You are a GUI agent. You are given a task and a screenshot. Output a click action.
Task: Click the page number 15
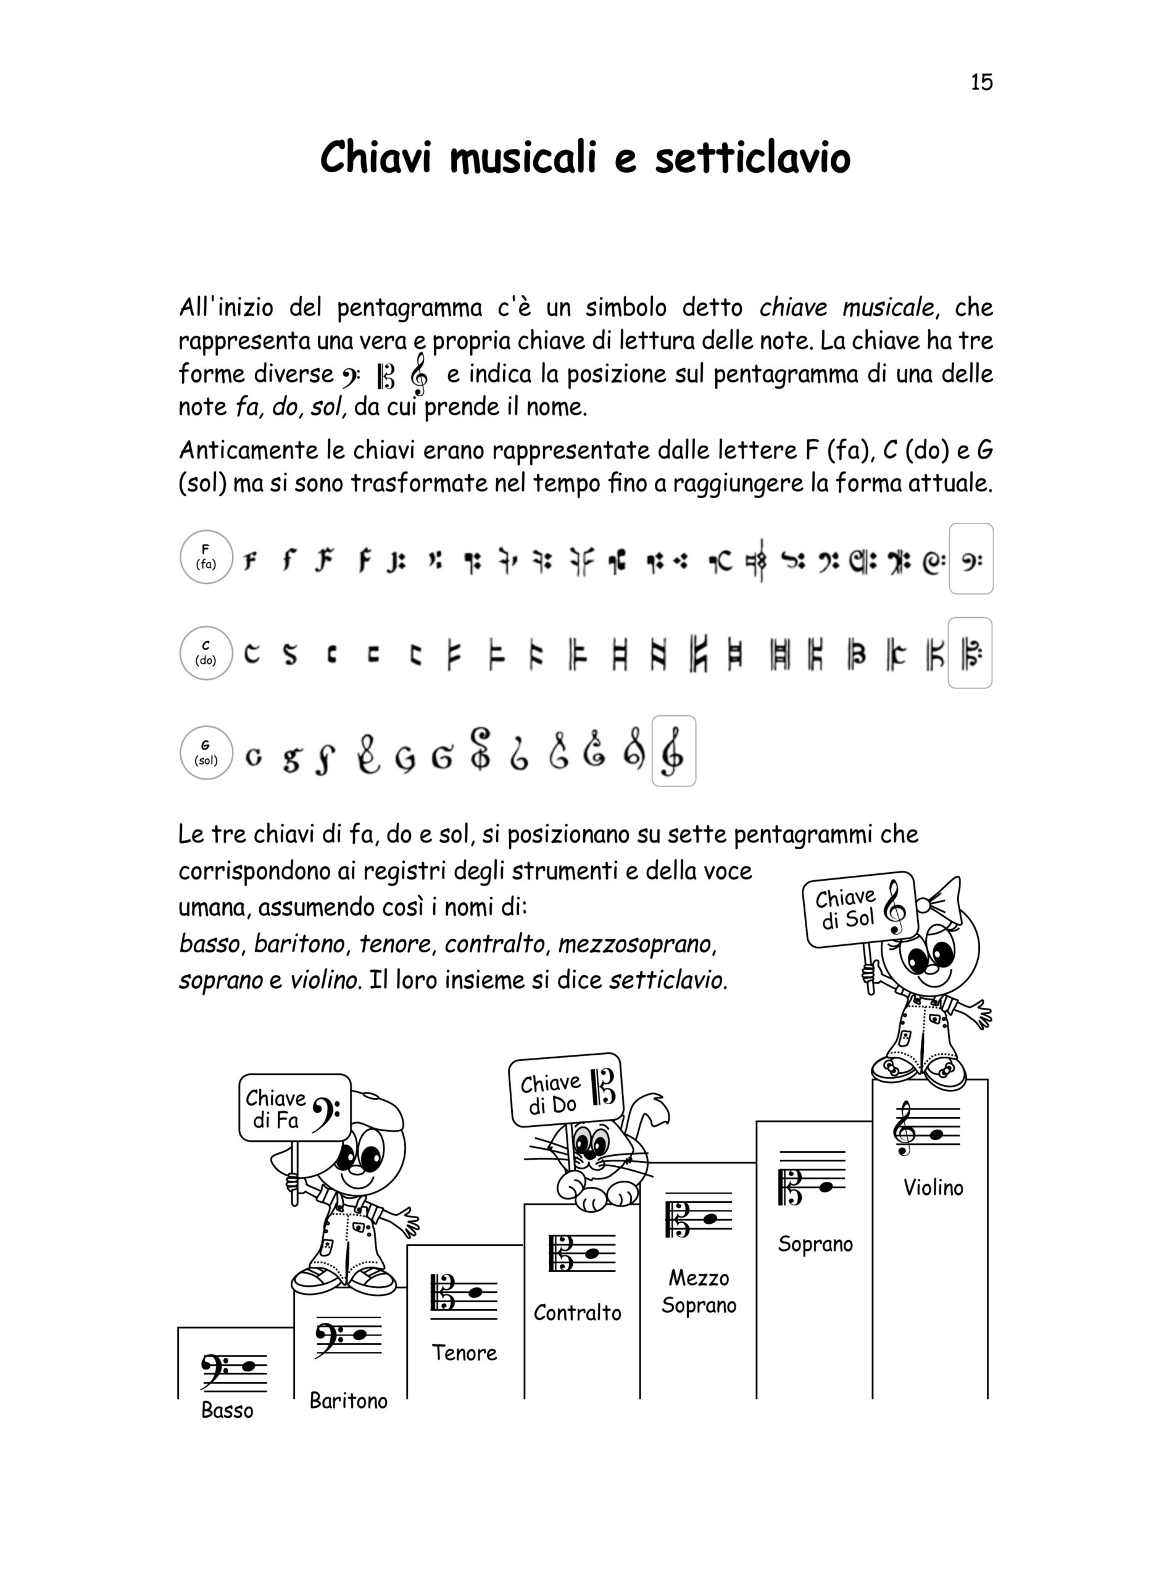pos(981,82)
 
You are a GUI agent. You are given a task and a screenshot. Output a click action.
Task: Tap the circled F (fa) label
pos(207,557)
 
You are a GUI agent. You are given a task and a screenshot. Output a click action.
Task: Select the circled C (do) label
pos(207,654)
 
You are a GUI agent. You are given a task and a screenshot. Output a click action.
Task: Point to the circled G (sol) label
pos(207,753)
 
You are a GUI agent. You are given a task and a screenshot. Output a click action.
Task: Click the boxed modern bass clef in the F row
pos(971,559)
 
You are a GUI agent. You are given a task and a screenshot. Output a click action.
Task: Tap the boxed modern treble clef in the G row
pos(673,751)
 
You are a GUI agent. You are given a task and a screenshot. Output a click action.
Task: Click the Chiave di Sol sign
pos(859,910)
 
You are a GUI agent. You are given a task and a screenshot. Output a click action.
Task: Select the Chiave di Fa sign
pos(294,1109)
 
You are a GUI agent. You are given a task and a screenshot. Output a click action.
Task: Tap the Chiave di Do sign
pos(565,1091)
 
